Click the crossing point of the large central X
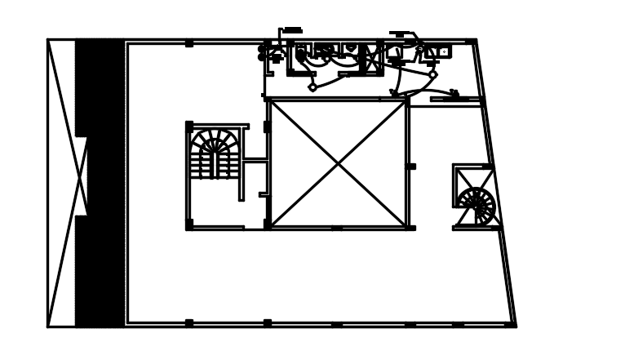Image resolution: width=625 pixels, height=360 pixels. pyautogui.click(x=338, y=164)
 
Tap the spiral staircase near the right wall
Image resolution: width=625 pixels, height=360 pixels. pyautogui.click(x=476, y=203)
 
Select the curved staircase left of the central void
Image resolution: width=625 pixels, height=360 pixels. pyautogui.click(x=215, y=154)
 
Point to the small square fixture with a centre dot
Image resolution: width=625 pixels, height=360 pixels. pyautogui.click(x=443, y=52)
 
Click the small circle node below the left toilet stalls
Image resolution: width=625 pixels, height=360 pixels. pyautogui.click(x=312, y=87)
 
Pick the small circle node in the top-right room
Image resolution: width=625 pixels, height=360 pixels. pyautogui.click(x=432, y=75)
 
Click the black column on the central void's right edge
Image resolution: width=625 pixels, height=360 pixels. pyautogui.click(x=411, y=167)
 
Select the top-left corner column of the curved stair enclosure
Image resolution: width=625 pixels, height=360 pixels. pyautogui.click(x=189, y=126)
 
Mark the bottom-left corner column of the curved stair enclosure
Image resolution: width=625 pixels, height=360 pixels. pyautogui.click(x=189, y=224)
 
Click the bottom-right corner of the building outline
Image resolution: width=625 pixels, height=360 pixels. pyautogui.click(x=516, y=326)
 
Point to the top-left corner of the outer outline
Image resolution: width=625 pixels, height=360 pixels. pyautogui.click(x=48, y=39)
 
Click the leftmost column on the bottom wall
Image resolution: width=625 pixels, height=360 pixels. pyautogui.click(x=189, y=323)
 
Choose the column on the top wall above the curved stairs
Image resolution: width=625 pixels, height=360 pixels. pyautogui.click(x=189, y=42)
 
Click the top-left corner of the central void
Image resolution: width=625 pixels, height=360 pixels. pyautogui.click(x=269, y=100)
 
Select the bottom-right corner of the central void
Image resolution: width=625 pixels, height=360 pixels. pyautogui.click(x=406, y=227)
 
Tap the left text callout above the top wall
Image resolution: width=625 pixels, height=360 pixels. pyautogui.click(x=291, y=30)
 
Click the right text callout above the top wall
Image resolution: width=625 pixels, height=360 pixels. pyautogui.click(x=399, y=33)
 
